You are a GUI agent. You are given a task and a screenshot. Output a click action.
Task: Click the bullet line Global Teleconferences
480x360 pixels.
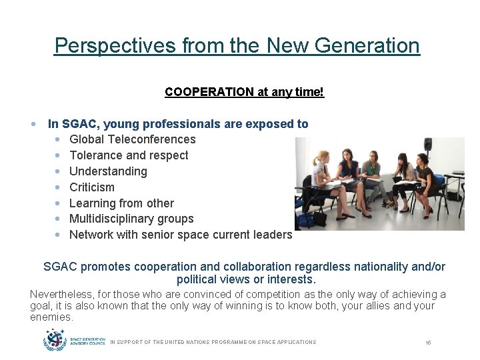[x=132, y=139]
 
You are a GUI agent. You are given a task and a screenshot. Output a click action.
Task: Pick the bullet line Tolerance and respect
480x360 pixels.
[x=129, y=155]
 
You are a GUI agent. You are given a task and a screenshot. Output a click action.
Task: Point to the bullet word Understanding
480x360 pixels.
[x=108, y=171]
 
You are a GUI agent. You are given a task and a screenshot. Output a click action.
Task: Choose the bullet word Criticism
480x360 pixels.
[x=92, y=187]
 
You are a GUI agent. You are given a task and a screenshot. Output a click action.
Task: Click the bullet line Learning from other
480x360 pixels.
[x=121, y=203]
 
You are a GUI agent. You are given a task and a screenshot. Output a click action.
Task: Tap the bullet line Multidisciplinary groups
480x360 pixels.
[x=131, y=219]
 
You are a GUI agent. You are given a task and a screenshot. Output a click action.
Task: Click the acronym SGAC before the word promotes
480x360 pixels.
[x=60, y=267]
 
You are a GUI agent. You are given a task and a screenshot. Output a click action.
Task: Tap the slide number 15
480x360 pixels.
[x=428, y=342]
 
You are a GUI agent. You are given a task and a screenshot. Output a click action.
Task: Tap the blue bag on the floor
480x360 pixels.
[x=306, y=219]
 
